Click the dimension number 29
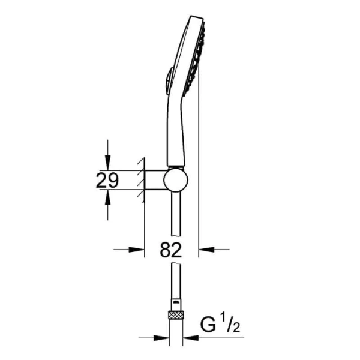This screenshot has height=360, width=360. (x=108, y=181)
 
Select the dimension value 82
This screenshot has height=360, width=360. (x=172, y=250)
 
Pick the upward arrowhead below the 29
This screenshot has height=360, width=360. (x=107, y=197)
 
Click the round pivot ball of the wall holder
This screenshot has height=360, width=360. (x=176, y=180)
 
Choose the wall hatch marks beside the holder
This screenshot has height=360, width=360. (x=140, y=180)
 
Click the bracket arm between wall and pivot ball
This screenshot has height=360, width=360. (x=155, y=180)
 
